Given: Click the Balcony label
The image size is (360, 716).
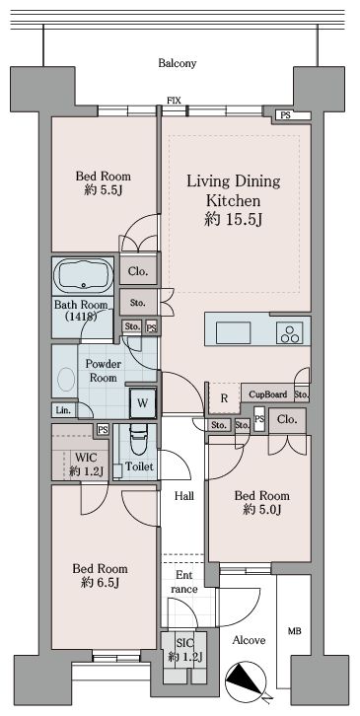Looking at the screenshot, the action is click(178, 63).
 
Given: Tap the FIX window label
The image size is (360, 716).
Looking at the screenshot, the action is click(174, 101).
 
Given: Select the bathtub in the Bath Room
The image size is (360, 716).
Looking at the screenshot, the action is click(83, 275).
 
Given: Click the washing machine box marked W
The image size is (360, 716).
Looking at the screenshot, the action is click(143, 402).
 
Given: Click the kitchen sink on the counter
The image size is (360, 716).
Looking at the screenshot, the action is click(233, 332).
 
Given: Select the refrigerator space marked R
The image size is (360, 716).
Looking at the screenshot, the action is click(224, 398).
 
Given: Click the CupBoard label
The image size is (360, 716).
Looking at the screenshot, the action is click(268, 394).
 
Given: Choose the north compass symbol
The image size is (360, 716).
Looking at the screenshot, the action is click(246, 680).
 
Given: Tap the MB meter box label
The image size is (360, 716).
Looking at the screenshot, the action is click(294, 631).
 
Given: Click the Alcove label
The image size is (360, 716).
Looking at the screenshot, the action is click(249, 640).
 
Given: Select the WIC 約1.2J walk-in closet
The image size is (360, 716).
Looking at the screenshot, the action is click(80, 453).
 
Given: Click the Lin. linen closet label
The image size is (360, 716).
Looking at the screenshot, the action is click(63, 410).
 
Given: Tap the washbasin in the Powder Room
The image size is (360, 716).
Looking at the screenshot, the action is click(66, 379).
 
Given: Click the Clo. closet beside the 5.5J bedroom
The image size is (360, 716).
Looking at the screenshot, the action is click(138, 271).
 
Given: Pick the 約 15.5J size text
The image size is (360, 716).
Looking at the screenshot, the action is click(233, 220).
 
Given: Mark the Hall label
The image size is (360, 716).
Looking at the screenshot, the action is click(184, 496).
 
